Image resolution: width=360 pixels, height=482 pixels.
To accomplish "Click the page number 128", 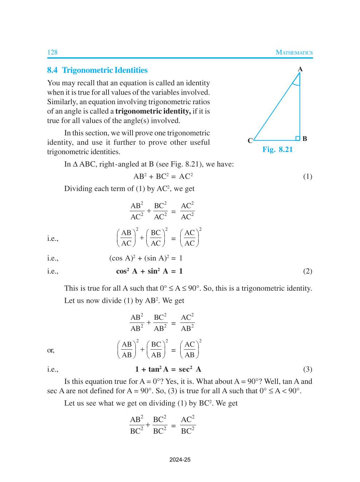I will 52,52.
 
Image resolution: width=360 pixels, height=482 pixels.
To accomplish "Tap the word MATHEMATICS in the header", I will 294,52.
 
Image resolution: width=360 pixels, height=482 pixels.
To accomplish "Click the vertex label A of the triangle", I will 300,69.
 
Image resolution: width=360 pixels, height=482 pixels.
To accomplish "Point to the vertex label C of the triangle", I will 250,141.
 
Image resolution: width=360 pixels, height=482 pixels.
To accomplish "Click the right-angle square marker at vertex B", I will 297,138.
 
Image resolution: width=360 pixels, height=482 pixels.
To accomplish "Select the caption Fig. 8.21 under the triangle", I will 277,149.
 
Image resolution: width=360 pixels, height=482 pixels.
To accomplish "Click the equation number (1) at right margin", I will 307,177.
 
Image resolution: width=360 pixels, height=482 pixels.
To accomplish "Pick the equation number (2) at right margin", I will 307,271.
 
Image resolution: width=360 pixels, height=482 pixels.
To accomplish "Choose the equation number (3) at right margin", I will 307,369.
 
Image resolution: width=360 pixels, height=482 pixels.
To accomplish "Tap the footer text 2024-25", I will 180,460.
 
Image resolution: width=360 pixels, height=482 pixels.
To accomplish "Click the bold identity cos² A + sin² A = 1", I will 149,271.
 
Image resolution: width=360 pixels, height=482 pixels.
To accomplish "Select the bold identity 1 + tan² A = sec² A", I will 168,369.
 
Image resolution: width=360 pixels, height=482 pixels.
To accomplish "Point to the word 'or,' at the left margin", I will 51,350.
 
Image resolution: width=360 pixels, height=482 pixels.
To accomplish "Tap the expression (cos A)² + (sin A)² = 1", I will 146,258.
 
